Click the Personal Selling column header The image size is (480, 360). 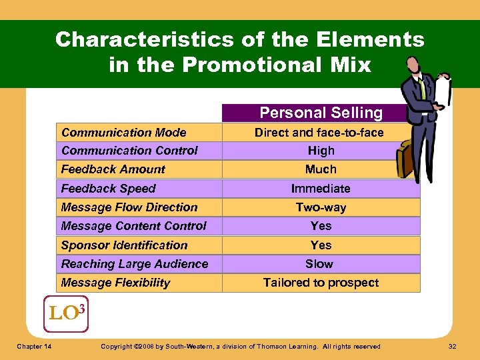(321, 113)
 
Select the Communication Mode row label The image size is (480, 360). (123, 133)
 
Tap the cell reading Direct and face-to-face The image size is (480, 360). (319, 133)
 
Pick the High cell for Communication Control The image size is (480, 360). (321, 151)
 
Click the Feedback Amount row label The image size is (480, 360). (113, 169)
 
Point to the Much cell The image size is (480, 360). (321, 169)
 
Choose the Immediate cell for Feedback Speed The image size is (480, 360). (321, 189)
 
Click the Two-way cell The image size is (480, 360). (321, 207)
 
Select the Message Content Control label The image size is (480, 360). (133, 226)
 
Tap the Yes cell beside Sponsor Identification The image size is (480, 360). (321, 245)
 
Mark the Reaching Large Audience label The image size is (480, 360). (134, 264)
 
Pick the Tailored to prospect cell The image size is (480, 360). (321, 283)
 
